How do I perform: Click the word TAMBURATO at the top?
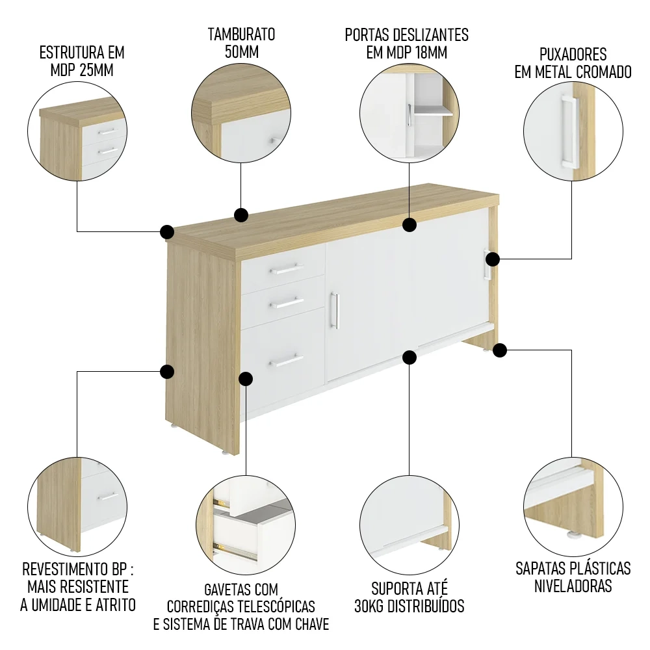coord(241,34)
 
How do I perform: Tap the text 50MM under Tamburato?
coord(241,53)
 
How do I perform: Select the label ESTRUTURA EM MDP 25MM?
coord(82,61)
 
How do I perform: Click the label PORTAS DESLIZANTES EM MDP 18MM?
coord(407,44)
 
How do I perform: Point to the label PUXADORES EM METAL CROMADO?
coord(573,62)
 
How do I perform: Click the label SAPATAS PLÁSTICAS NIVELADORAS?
coord(573,577)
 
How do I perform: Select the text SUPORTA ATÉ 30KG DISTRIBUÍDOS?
coord(409,597)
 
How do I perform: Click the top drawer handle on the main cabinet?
coord(287,268)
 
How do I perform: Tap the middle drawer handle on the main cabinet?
coord(287,302)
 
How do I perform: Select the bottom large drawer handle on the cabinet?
coord(287,360)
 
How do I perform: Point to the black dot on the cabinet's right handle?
coord(493,259)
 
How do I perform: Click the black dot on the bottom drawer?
coord(246,378)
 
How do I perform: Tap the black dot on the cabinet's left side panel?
coord(167,372)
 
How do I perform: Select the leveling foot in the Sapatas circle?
coord(574,536)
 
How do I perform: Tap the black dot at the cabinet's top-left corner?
coord(167,232)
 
